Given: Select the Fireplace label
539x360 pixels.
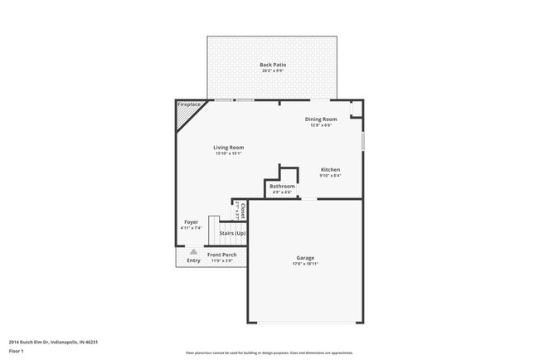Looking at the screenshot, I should point(188,105).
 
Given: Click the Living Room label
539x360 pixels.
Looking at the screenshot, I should point(229,148).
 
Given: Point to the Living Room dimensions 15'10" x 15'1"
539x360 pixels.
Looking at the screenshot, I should point(229,153).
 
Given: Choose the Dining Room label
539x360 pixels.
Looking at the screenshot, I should point(321,119).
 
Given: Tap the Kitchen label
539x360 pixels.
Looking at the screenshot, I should point(330,169).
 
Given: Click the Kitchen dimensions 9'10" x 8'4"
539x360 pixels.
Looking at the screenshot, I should point(330,175).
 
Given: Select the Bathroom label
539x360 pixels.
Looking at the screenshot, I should point(282,187).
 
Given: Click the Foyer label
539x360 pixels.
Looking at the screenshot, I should point(191,222).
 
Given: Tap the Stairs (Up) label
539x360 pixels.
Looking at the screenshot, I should point(232,233).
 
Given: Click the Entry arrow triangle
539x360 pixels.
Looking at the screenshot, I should point(193,251).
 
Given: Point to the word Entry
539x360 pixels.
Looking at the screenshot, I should point(193,260).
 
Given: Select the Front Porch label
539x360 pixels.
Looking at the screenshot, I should point(221,255).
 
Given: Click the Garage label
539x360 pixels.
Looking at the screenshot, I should point(305,257).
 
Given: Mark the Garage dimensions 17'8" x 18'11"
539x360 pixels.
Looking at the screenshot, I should point(305,264).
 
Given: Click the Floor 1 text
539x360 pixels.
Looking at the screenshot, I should point(16,351).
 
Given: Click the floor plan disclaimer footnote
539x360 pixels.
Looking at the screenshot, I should point(269,353).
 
